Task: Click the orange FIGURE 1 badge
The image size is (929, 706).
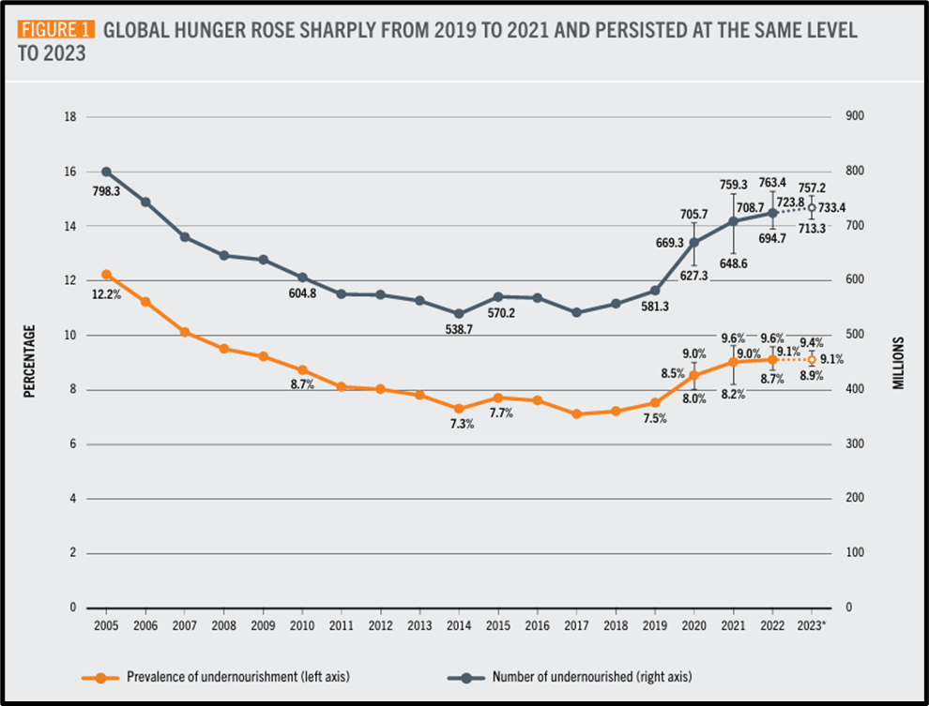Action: pos(55,29)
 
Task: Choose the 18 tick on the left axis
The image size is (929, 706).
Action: pos(69,117)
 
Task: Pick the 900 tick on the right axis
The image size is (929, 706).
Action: pos(856,117)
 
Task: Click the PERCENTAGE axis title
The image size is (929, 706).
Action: pos(29,362)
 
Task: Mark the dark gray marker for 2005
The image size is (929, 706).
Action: pos(106,172)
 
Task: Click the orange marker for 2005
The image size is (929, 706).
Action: pos(106,275)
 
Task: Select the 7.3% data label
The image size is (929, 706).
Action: pos(459,424)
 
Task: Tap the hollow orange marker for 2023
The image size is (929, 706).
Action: pos(812,359)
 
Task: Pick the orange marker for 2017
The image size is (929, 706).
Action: pos(576,413)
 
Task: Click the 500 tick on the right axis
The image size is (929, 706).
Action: pos(856,335)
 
